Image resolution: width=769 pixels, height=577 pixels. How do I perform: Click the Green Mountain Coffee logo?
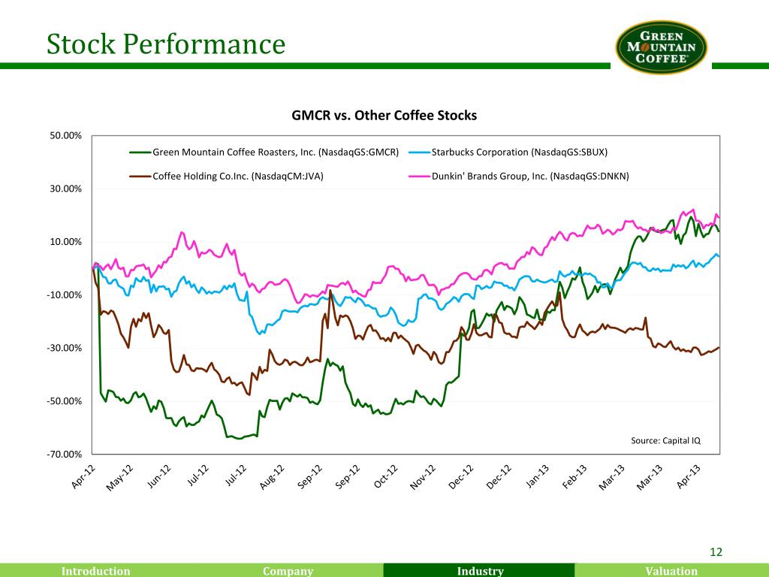click(661, 47)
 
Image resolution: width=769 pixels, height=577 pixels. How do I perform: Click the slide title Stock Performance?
click(165, 44)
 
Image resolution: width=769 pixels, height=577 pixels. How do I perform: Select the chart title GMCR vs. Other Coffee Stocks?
click(384, 116)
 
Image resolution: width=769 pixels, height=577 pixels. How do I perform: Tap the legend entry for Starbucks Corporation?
click(519, 153)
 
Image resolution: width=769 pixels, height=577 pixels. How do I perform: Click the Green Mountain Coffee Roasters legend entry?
click(275, 153)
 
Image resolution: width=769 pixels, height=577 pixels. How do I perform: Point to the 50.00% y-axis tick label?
click(67, 135)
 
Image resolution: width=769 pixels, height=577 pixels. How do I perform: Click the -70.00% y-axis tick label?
click(65, 455)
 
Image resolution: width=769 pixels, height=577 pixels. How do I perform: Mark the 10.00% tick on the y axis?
click(67, 242)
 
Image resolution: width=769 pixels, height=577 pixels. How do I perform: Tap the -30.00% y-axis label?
click(65, 348)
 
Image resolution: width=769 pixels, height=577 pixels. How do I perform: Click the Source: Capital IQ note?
click(665, 440)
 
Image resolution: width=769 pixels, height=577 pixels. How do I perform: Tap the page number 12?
click(716, 553)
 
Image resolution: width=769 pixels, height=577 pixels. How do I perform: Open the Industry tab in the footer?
click(480, 571)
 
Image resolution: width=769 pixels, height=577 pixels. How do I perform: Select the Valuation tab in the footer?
click(671, 571)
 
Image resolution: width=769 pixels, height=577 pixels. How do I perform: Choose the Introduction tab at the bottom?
click(95, 571)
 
